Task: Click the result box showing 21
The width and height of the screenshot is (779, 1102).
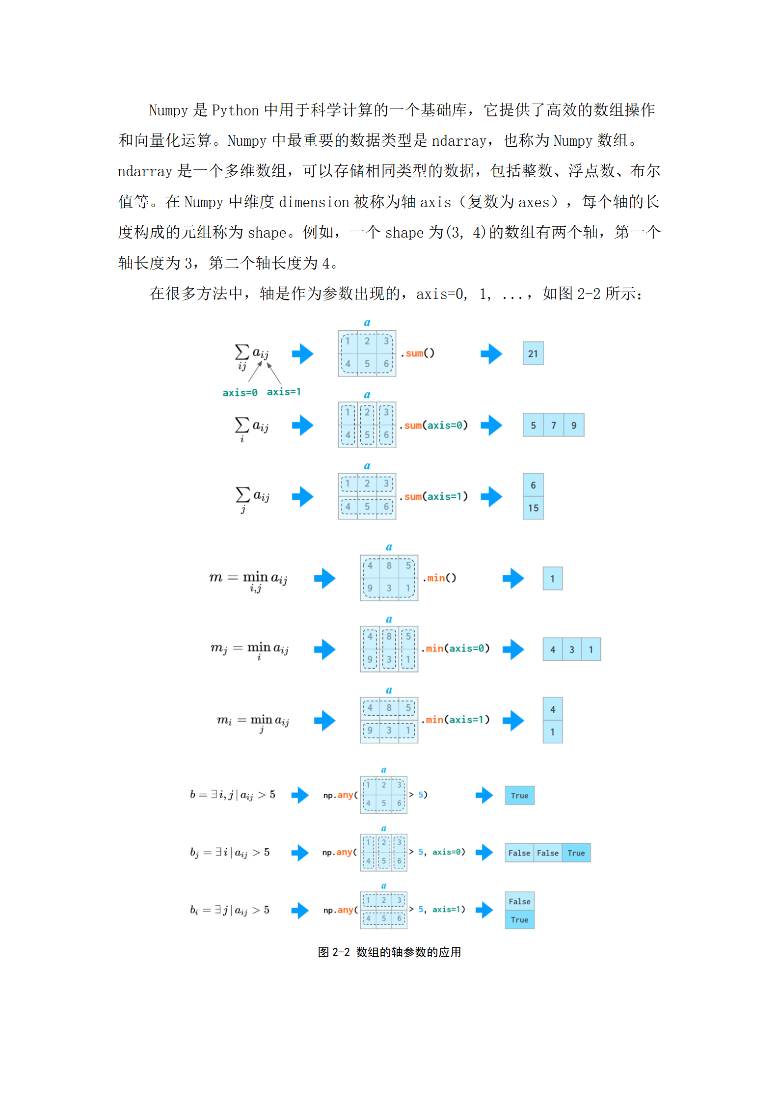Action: pyautogui.click(x=533, y=353)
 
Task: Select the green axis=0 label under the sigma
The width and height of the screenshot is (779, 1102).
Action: pyautogui.click(x=240, y=393)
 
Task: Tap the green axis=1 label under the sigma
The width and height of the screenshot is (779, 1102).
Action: pyautogui.click(x=284, y=392)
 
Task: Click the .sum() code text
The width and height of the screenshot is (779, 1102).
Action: pyautogui.click(x=418, y=353)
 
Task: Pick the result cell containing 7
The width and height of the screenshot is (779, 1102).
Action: pyautogui.click(x=553, y=425)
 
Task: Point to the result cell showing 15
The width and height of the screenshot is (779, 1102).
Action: pyautogui.click(x=533, y=508)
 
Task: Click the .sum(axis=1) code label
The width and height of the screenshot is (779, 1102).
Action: pyautogui.click(x=434, y=497)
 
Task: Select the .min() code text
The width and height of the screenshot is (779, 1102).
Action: pyautogui.click(x=440, y=578)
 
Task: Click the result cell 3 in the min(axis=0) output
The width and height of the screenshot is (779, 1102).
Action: pyautogui.click(x=571, y=649)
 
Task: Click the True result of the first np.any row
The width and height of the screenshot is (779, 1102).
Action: pyautogui.click(x=519, y=796)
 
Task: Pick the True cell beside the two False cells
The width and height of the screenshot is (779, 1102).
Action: pyautogui.click(x=576, y=853)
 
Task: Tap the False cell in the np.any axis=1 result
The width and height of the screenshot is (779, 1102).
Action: pyautogui.click(x=519, y=901)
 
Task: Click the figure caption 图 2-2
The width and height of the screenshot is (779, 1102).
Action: pyautogui.click(x=389, y=952)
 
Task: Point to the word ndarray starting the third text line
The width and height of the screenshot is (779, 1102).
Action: pyautogui.click(x=145, y=171)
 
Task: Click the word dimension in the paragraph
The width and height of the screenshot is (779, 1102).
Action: pyautogui.click(x=314, y=202)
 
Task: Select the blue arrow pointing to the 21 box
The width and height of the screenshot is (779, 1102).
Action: pyautogui.click(x=491, y=353)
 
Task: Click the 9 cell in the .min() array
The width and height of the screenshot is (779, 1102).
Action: pyautogui.click(x=370, y=588)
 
